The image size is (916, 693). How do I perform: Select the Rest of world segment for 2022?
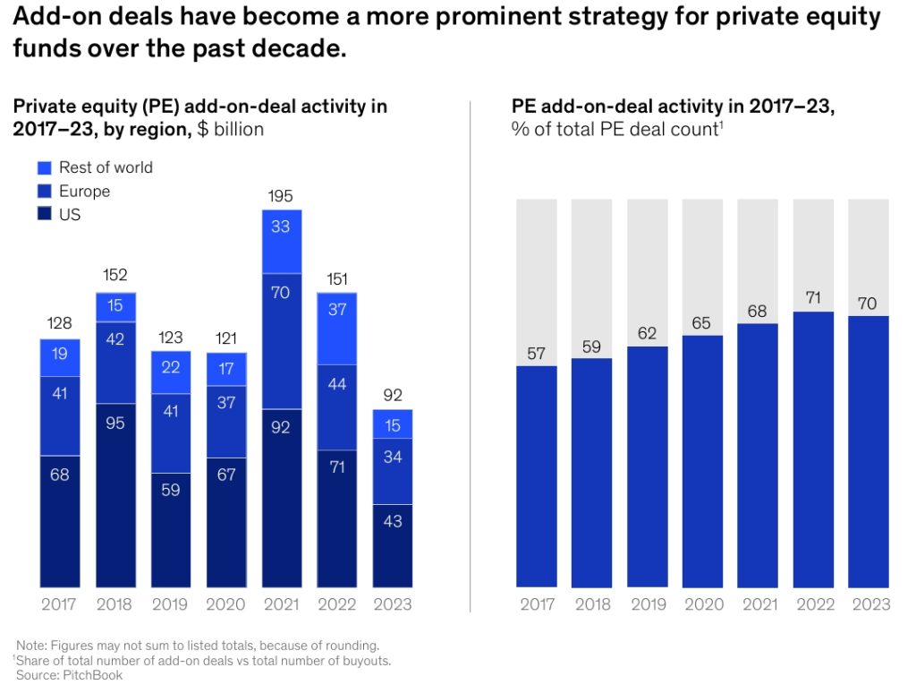coord(336,328)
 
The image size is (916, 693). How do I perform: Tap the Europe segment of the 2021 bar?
coord(281,340)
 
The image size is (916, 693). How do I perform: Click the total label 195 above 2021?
coord(281,196)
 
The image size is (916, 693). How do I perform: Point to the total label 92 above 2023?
coord(392,395)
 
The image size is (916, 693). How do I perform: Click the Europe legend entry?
coord(84,191)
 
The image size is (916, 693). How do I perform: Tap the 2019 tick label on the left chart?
coord(170,604)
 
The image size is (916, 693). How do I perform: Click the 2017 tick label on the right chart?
coord(537,604)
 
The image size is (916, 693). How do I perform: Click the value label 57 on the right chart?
coord(537,354)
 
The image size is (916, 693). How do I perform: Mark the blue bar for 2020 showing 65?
coord(702,461)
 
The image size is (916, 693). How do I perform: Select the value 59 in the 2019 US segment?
coord(170,491)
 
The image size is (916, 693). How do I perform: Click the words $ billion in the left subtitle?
coord(231,129)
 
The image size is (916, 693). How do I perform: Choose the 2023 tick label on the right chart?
coord(869,604)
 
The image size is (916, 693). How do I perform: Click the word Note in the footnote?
coord(31,645)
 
